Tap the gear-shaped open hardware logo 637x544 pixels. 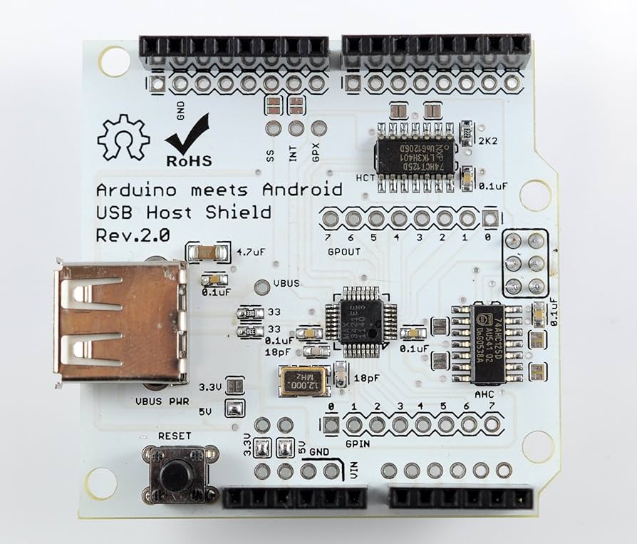tap(123, 137)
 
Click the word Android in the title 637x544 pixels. tap(302, 190)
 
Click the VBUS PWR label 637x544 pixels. tap(162, 401)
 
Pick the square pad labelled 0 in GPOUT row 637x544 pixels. tap(490, 218)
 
